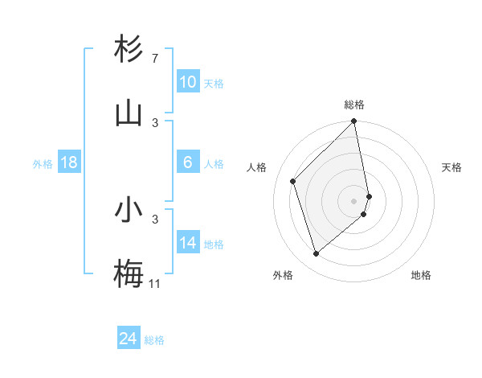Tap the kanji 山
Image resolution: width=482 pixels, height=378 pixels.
pos(129,113)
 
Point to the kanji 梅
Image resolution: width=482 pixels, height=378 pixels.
pos(129,274)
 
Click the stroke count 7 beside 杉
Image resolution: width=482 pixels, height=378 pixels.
pos(154,59)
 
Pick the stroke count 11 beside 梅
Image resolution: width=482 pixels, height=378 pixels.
pos(154,283)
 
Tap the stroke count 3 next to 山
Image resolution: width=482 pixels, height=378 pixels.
pos(155,122)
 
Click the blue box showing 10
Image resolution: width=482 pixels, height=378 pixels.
pos(187,82)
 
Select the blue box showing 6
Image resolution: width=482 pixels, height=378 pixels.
pos(187,162)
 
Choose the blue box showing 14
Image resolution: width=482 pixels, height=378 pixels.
pos(187,243)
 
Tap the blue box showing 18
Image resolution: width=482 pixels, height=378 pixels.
pos(69,162)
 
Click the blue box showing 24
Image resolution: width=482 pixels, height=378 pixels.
pos(129,339)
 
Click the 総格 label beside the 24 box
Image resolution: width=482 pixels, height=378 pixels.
pos(154,341)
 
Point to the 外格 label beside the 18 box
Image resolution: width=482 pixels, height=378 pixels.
pos(43,164)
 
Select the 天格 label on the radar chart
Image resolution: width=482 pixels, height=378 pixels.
pos(451,167)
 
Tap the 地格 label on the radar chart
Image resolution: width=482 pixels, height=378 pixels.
pos(421,275)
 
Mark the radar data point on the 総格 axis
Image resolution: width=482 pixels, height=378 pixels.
pos(353,121)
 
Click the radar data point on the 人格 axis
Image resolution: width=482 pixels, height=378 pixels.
pos(293,181)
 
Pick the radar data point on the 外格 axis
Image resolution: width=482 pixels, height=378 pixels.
pos(316,254)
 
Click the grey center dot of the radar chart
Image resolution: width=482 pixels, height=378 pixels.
pos(353,200)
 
